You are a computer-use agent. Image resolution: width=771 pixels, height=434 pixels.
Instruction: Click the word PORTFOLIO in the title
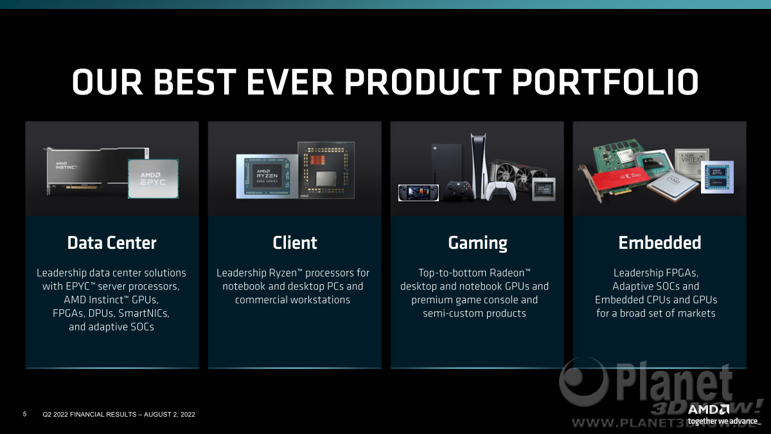pyautogui.click(x=605, y=82)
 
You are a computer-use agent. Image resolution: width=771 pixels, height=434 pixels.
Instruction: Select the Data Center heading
pyautogui.click(x=112, y=243)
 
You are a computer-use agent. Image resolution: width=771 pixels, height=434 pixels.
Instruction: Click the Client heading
pyautogui.click(x=295, y=243)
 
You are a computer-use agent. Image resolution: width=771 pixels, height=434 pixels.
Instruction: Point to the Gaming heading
pyautogui.click(x=477, y=244)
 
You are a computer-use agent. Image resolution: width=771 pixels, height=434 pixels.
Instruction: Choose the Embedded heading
pyautogui.click(x=659, y=243)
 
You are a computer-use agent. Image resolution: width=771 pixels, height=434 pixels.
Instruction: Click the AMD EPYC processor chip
pyautogui.click(x=153, y=179)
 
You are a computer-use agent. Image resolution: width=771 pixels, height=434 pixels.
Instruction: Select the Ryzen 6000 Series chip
pyautogui.click(x=267, y=176)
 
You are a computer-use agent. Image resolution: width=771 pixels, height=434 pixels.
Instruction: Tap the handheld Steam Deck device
pyautogui.click(x=418, y=192)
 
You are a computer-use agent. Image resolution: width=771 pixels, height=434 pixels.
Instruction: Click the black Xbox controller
pyautogui.click(x=458, y=191)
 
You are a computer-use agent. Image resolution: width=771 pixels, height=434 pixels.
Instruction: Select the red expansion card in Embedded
pyautogui.click(x=619, y=181)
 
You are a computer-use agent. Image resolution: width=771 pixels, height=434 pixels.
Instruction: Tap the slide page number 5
pyautogui.click(x=24, y=414)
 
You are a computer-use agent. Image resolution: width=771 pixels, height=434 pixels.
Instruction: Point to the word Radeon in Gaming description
pyautogui.click(x=507, y=273)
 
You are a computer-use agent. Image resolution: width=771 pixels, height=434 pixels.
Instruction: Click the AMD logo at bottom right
pyautogui.click(x=708, y=410)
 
